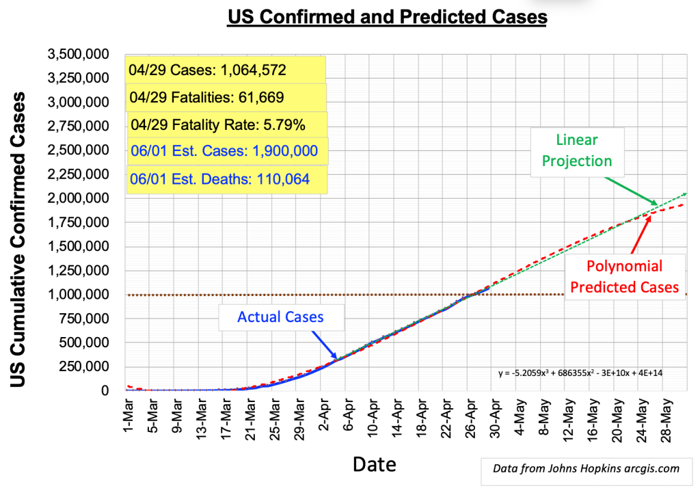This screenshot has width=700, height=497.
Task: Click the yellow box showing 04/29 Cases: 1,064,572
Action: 226,70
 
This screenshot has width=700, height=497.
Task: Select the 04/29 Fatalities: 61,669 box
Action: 226,98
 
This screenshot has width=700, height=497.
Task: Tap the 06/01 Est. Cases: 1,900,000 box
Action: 226,150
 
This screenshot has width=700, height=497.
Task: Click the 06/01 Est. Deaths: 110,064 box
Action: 226,179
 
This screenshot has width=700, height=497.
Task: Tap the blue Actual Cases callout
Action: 281,317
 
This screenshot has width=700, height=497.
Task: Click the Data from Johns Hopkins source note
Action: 586,468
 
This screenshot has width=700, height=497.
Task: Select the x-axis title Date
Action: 374,464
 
